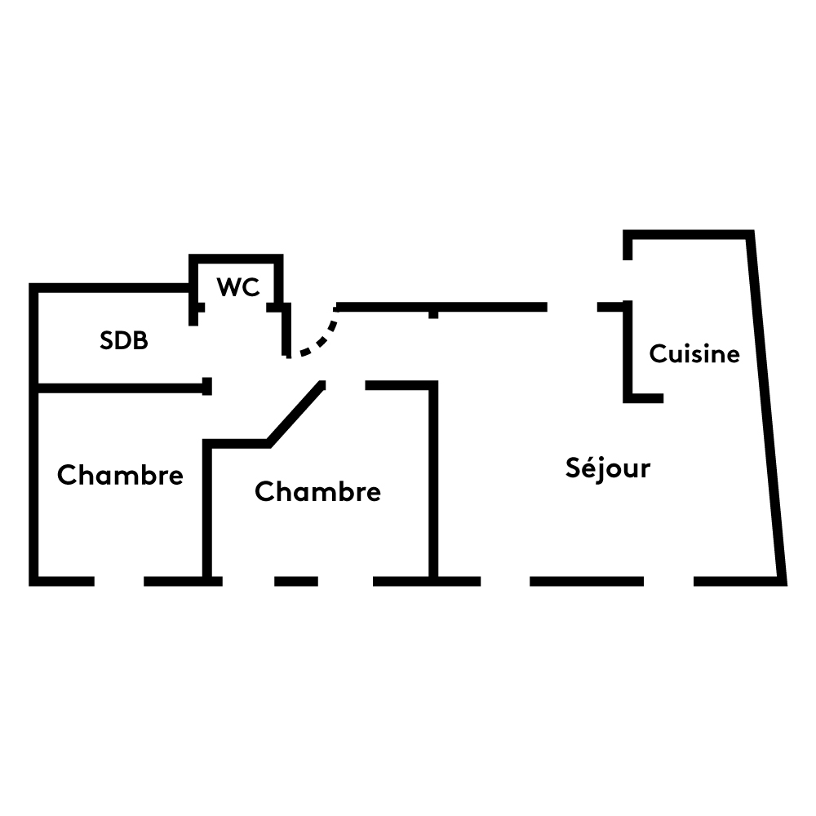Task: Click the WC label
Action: point(238,287)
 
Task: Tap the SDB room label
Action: point(124,340)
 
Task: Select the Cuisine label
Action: point(694,354)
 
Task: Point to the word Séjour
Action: point(608,468)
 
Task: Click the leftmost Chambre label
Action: point(120,475)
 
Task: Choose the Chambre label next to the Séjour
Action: point(317,492)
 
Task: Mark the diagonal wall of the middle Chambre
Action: point(295,413)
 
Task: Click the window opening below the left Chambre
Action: point(119,581)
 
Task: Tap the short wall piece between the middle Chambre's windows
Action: point(295,581)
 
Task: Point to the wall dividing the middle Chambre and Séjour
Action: point(433,481)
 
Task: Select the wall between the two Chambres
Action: point(207,510)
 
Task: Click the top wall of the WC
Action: point(237,259)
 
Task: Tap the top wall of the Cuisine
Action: point(690,235)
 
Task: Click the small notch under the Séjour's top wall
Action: point(433,313)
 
